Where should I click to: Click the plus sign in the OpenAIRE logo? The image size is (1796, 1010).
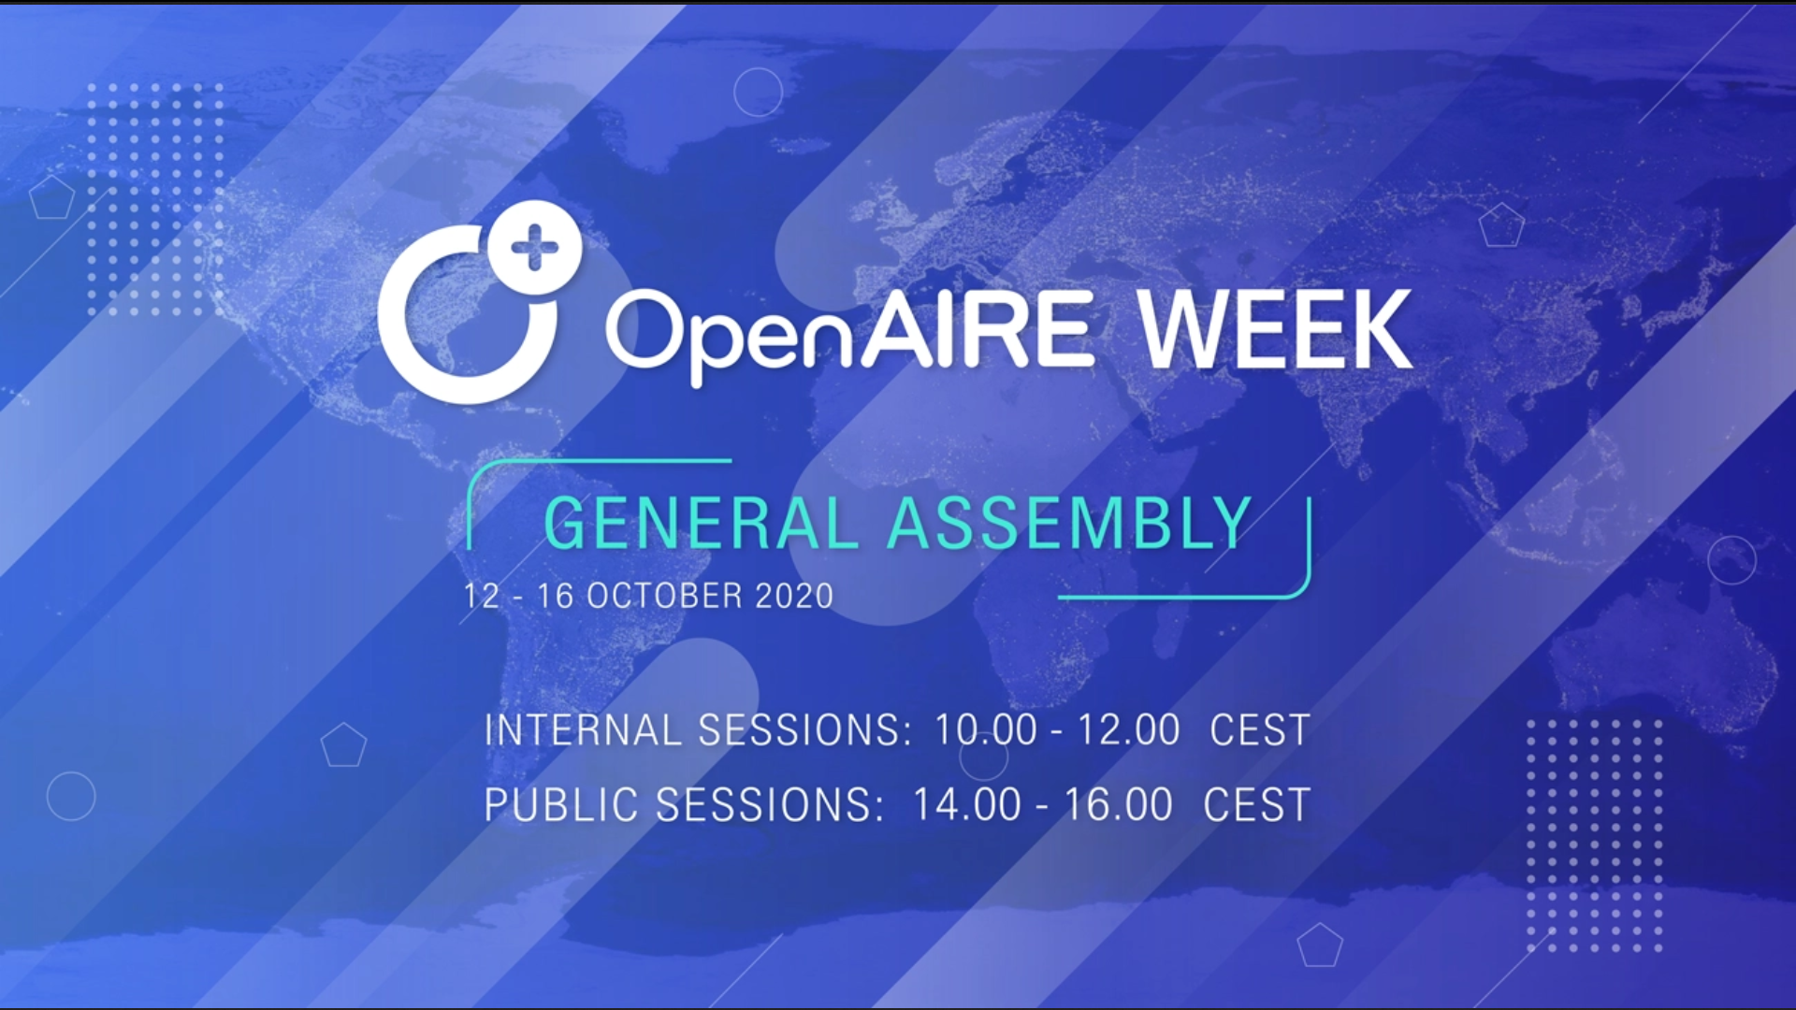535,247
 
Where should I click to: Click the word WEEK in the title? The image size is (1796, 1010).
1276,330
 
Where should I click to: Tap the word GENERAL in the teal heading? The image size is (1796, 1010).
702,523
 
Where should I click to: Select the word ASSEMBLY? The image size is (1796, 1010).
1070,523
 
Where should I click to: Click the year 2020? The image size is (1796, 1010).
794,596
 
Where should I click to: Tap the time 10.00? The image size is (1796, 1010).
986,730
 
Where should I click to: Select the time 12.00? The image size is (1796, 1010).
1129,730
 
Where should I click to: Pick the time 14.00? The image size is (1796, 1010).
966,805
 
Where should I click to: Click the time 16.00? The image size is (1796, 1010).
1119,805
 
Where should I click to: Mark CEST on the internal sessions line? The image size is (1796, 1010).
1260,730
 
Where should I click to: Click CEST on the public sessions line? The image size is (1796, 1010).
1257,805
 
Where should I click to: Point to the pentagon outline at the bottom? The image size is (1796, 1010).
1320,945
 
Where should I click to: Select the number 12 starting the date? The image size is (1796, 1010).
482,596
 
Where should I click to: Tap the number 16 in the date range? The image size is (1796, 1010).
555,596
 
